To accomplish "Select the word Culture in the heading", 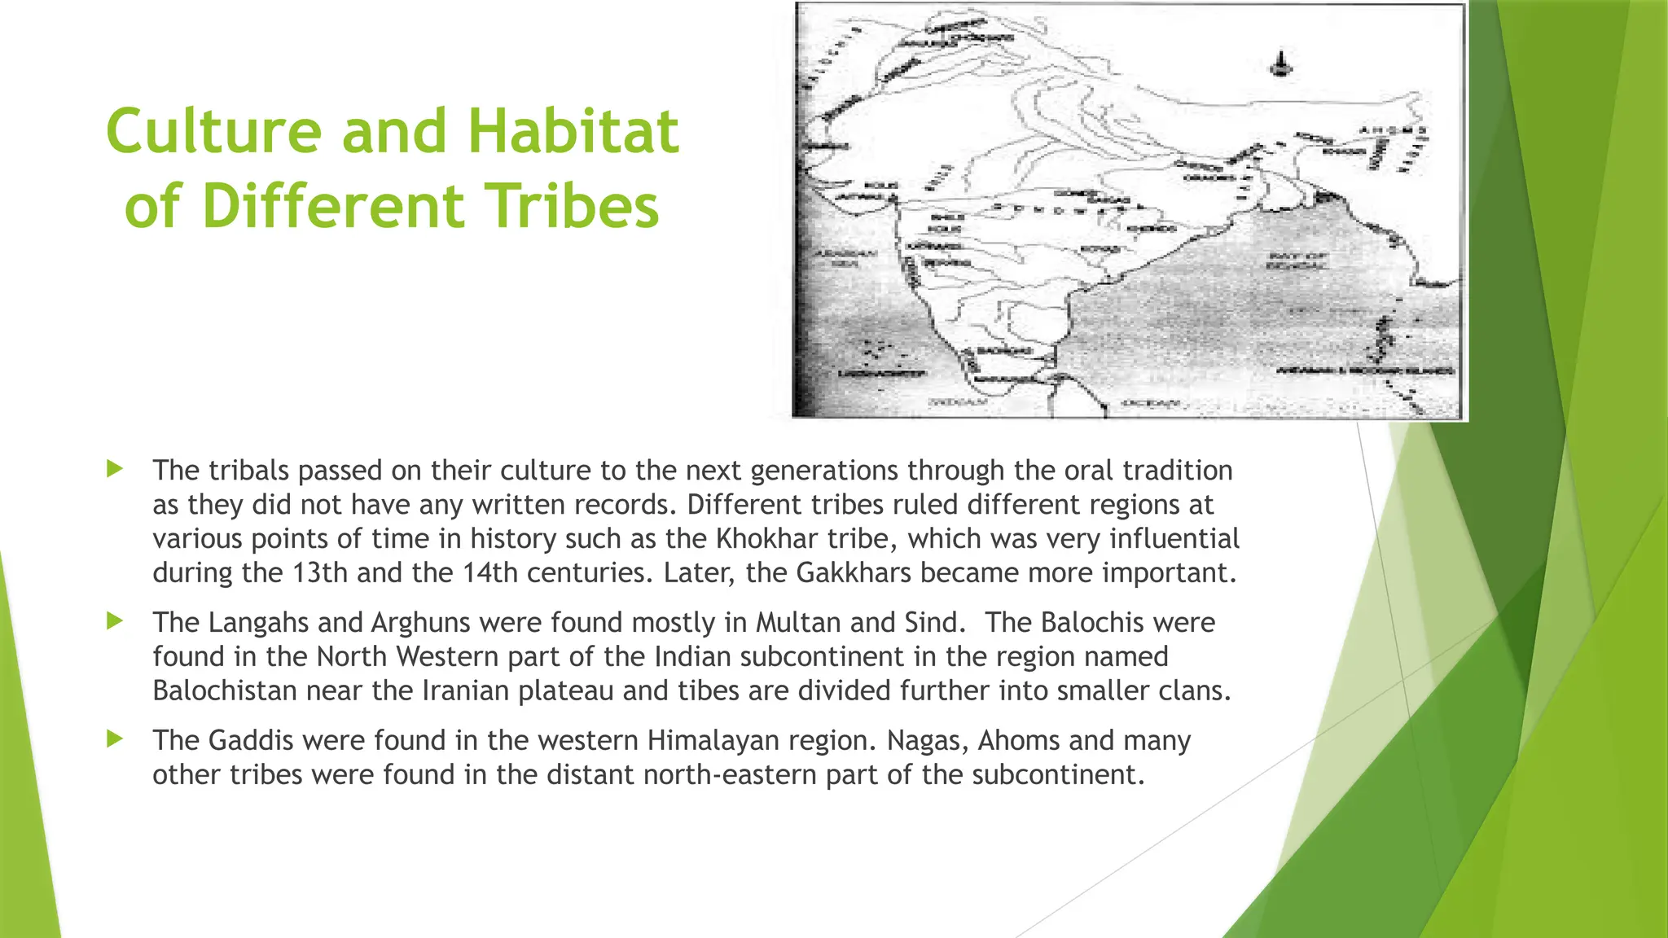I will [214, 132].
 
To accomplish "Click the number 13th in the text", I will [319, 573].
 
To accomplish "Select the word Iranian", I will [466, 691].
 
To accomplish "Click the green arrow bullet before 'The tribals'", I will [115, 469].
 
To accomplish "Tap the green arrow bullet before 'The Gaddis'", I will [115, 739].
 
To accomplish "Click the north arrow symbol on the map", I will [1283, 65].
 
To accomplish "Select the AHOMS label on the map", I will [1394, 131].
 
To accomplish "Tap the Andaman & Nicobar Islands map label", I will [1365, 371].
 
